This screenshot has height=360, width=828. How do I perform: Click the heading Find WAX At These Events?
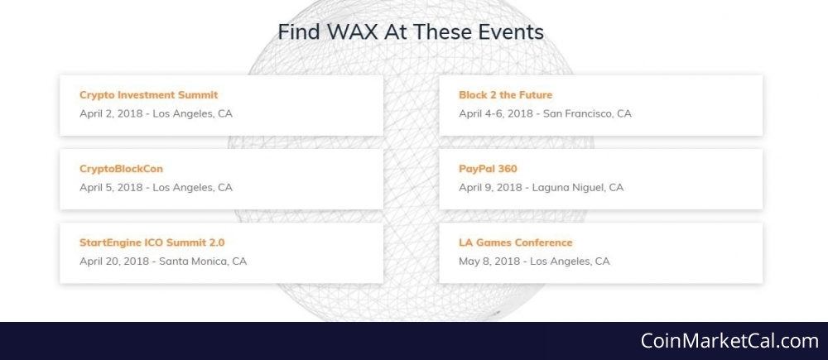click(x=411, y=32)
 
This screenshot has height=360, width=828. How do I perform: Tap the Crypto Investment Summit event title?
click(x=148, y=95)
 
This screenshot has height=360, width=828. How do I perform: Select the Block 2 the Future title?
click(x=505, y=95)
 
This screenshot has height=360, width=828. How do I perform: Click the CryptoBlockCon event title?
click(x=122, y=169)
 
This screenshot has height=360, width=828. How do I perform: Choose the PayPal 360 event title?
click(x=488, y=169)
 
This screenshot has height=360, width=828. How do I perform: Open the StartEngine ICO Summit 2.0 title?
click(x=152, y=242)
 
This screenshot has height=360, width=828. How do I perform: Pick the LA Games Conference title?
click(x=515, y=242)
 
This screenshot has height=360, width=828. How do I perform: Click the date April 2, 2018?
click(x=111, y=113)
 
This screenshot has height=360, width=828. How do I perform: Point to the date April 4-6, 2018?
click(x=496, y=113)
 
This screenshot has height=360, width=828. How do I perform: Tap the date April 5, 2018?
click(x=111, y=187)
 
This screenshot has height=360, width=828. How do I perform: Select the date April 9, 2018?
click(x=490, y=187)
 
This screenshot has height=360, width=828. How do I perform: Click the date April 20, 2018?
click(x=114, y=262)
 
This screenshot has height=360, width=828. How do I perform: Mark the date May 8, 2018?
click(x=489, y=262)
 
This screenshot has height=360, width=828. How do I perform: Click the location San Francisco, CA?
click(x=587, y=113)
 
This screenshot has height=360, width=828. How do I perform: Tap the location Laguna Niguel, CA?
click(x=578, y=187)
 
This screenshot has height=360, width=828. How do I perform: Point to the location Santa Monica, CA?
click(x=203, y=262)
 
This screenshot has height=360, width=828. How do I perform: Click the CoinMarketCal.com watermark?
click(x=729, y=341)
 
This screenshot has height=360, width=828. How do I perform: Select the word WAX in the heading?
click(x=352, y=32)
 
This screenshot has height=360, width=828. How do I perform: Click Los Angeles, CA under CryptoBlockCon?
click(x=193, y=187)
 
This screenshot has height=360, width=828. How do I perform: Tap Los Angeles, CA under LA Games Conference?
click(x=570, y=262)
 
